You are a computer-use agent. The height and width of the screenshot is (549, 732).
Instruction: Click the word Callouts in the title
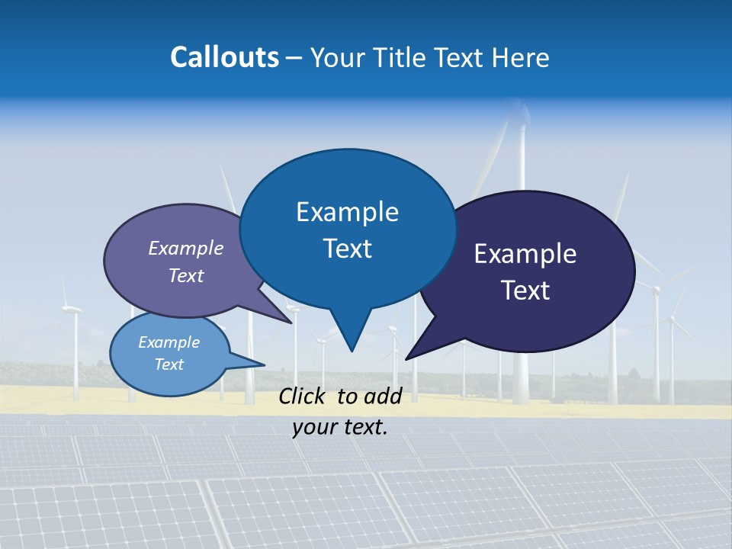point(224,57)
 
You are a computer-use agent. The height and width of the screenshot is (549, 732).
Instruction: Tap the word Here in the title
point(522,57)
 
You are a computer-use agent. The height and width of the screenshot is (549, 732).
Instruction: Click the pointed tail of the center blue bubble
point(351,339)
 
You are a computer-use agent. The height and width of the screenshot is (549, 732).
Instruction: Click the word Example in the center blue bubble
point(347,212)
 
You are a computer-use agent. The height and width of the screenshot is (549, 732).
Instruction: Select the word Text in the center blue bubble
point(347,249)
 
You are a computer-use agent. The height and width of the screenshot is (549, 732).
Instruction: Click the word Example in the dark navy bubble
point(525,254)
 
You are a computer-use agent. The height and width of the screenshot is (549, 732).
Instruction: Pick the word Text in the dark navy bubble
point(525,291)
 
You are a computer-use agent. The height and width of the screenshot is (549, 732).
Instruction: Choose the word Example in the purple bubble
point(186,248)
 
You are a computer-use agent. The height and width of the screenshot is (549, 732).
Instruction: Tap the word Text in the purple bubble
point(186,275)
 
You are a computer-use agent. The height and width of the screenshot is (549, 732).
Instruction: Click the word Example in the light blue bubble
point(169,342)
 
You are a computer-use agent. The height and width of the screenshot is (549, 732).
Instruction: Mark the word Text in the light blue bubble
point(169,364)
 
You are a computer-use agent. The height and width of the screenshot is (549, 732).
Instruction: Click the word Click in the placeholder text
point(302,396)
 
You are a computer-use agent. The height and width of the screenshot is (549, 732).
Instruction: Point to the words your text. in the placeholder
point(340,427)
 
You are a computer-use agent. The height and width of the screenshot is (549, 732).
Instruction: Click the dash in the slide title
point(294,57)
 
